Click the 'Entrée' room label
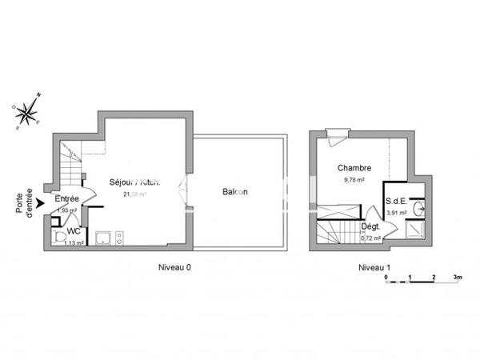[x=66, y=198]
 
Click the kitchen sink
[x=102, y=237]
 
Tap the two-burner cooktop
[x=119, y=237]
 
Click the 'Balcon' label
[x=234, y=192]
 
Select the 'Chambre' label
[x=353, y=168]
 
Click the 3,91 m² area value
[x=396, y=214]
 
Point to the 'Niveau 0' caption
[x=174, y=267]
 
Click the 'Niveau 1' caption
[x=374, y=267]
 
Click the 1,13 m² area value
[x=74, y=243]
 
